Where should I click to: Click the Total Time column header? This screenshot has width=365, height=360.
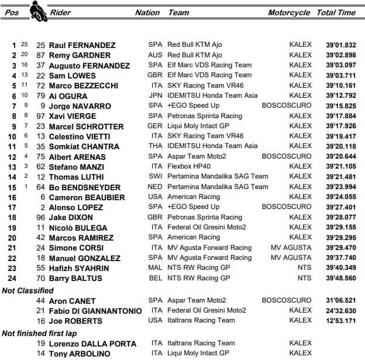coord(336,12)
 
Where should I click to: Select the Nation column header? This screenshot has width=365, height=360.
coord(147,12)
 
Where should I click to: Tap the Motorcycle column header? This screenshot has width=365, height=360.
coord(289,12)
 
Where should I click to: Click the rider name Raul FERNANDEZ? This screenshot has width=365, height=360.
coord(81,45)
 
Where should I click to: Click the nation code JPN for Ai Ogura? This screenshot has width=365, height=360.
coord(156,95)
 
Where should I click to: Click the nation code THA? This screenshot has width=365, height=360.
coord(156,146)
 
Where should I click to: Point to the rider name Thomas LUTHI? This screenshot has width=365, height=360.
coord(76,177)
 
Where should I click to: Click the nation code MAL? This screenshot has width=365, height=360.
coord(156,268)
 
